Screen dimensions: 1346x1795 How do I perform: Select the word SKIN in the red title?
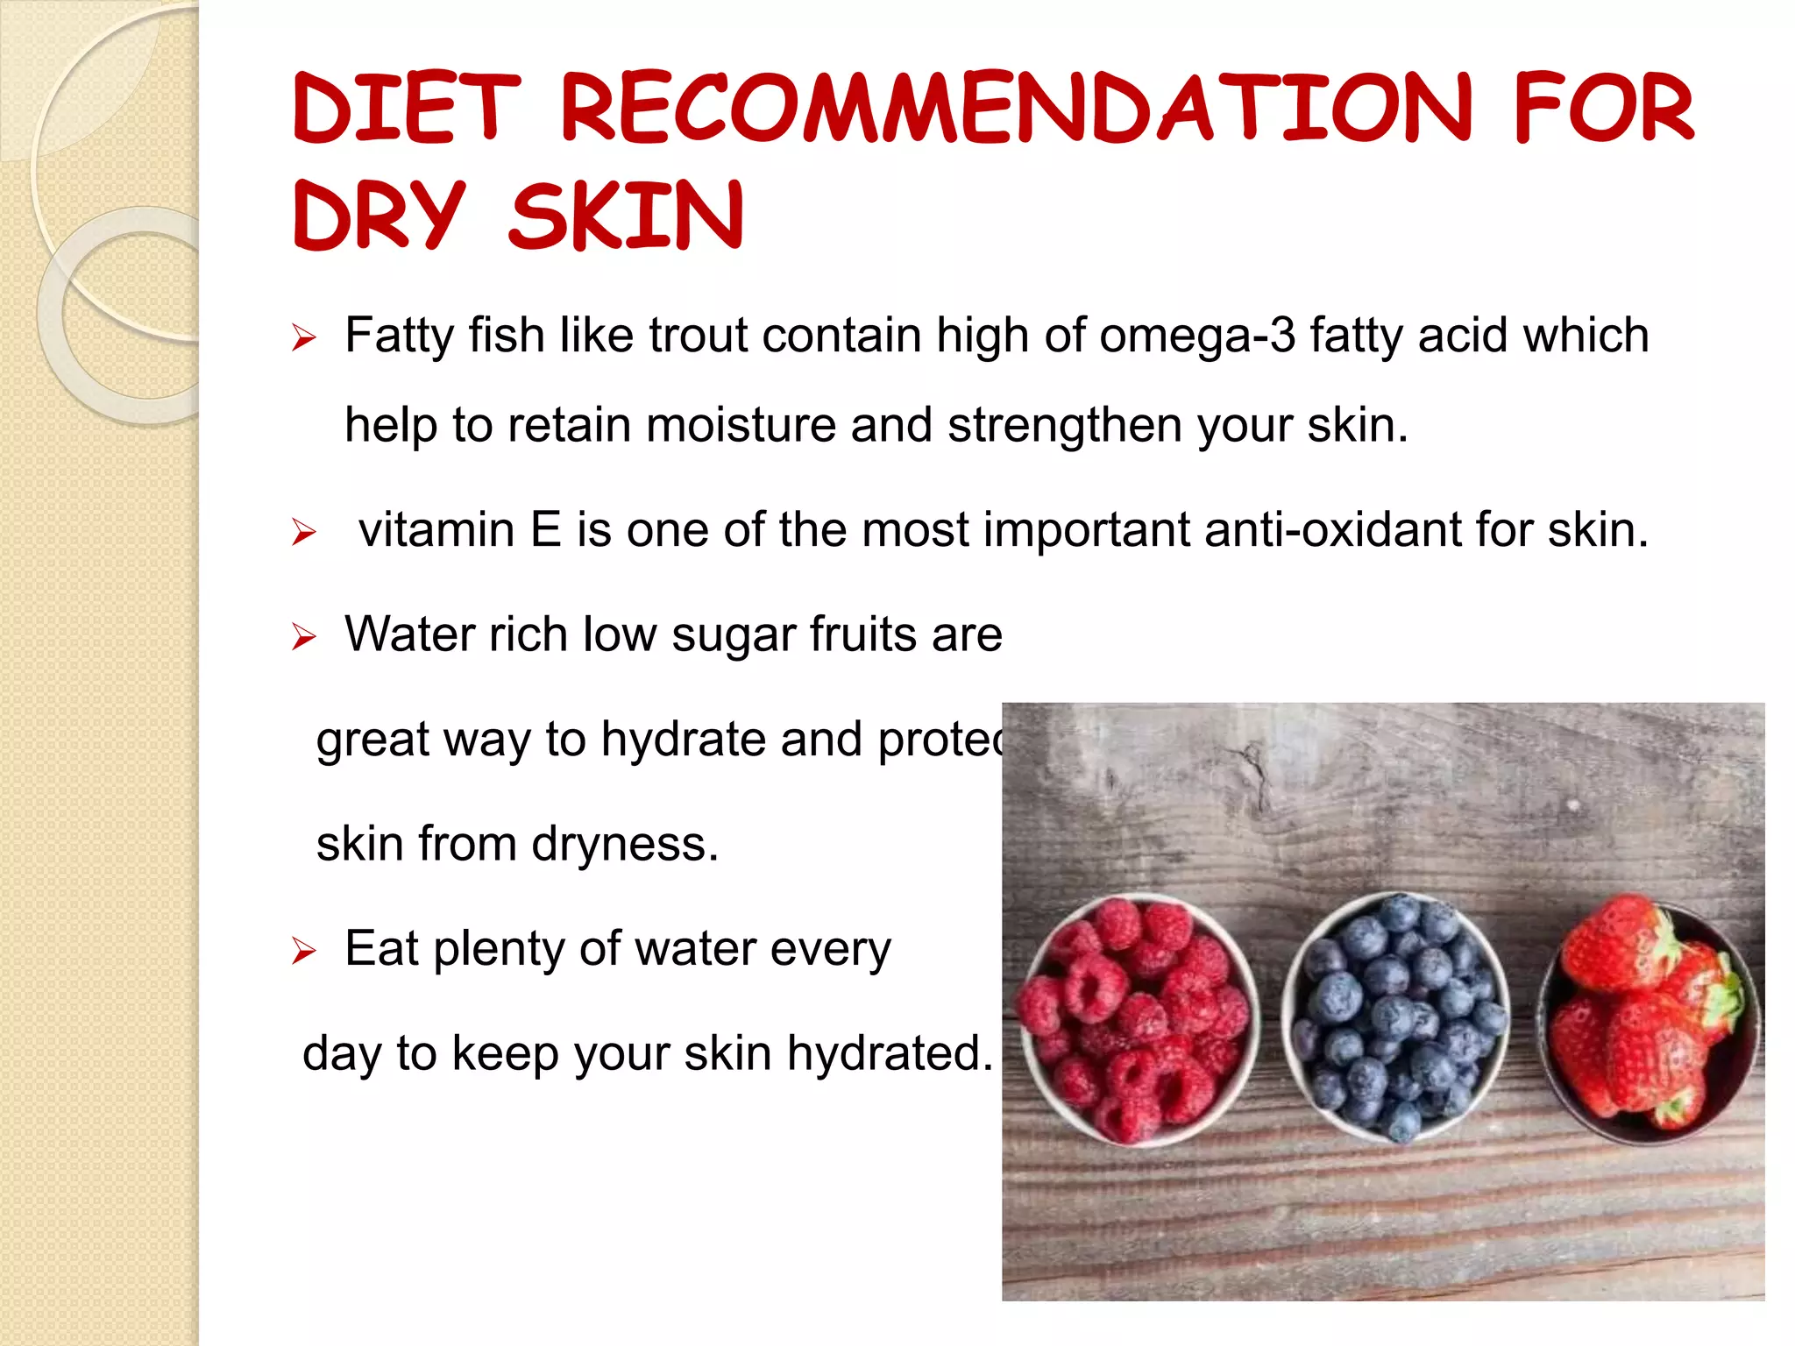point(626,216)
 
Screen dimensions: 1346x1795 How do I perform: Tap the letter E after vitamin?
point(545,530)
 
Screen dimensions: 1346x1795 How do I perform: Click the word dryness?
point(624,845)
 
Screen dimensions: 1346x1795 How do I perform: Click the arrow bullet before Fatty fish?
point(303,337)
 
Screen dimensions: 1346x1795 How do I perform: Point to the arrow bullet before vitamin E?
point(303,532)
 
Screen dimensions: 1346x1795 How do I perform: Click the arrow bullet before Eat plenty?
point(303,950)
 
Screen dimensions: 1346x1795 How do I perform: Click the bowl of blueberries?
point(1395,1017)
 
